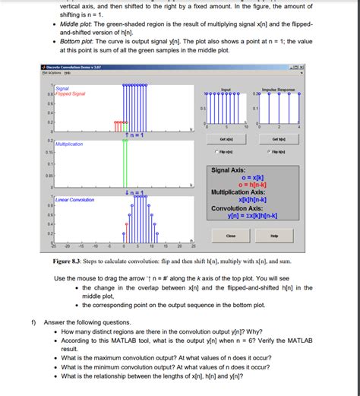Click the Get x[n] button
click(x=226, y=139)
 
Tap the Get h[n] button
click(x=277, y=139)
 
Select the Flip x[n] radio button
click(x=225, y=152)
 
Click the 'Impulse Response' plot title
click(x=278, y=89)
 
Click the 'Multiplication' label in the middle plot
click(x=69, y=143)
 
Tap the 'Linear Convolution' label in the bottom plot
click(x=74, y=199)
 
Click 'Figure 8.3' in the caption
click(x=69, y=261)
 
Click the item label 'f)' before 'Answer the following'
click(x=33, y=322)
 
